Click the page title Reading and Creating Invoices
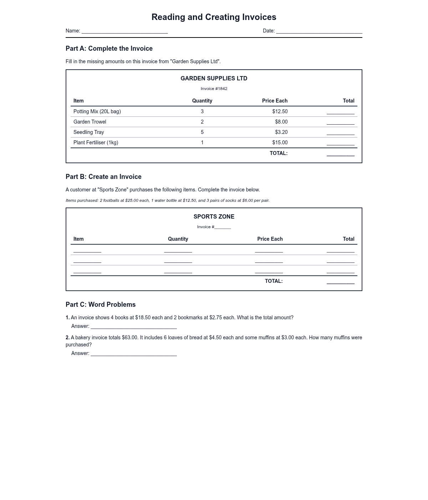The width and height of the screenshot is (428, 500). pyautogui.click(x=214, y=17)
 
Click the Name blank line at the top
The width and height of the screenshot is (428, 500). pyautogui.click(x=124, y=31)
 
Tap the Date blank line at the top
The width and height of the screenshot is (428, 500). pyautogui.click(x=319, y=31)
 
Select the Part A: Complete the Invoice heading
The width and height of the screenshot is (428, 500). pyautogui.click(x=109, y=49)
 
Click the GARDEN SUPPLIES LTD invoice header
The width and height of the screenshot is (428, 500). pyautogui.click(x=214, y=78)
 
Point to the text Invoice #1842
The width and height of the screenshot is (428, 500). pyautogui.click(x=214, y=89)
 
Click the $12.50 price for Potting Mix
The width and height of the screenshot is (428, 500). pyautogui.click(x=280, y=111)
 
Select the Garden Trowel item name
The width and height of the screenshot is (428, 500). pyautogui.click(x=90, y=122)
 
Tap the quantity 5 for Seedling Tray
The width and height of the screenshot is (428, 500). pyautogui.click(x=202, y=132)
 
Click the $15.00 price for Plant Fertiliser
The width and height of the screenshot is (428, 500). pyautogui.click(x=280, y=142)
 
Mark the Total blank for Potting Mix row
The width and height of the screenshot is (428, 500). pyautogui.click(x=340, y=112)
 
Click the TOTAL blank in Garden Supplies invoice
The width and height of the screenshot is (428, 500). pyautogui.click(x=340, y=154)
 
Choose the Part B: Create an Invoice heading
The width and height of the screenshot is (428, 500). pyautogui.click(x=103, y=177)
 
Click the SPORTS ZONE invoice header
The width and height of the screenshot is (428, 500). pyautogui.click(x=214, y=216)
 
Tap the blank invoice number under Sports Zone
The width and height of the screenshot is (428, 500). pyautogui.click(x=223, y=227)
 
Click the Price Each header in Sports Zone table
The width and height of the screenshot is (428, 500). pyautogui.click(x=270, y=239)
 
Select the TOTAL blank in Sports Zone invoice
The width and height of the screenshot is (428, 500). pyautogui.click(x=340, y=282)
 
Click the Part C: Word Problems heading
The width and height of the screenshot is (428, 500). pyautogui.click(x=101, y=305)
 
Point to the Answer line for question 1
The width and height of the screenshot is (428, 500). pyautogui.click(x=134, y=326)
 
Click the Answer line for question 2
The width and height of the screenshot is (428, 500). pyautogui.click(x=134, y=354)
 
